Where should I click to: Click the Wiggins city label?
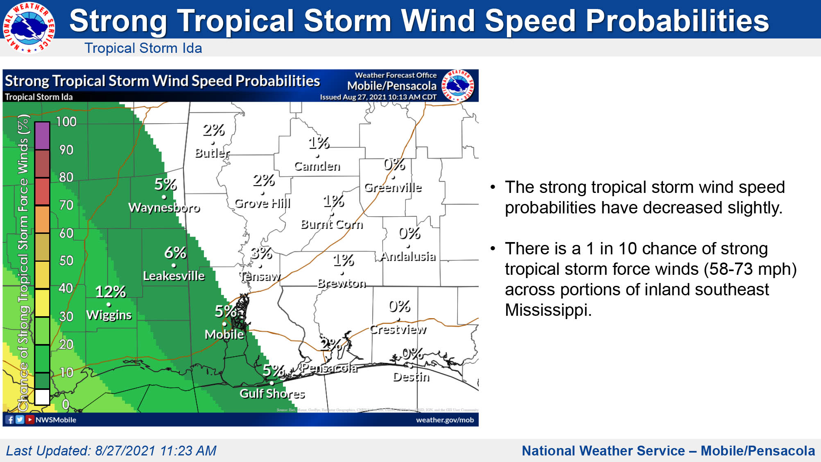[x=109, y=315]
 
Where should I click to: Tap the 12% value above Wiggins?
[x=110, y=292]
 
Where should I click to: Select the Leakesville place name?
[x=174, y=276]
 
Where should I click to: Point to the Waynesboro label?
[x=164, y=208]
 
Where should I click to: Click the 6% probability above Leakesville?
[x=175, y=253]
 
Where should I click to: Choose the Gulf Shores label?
[x=272, y=394]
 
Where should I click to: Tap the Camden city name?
[x=317, y=166]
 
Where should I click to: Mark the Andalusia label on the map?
[x=408, y=256]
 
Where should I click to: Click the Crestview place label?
[x=398, y=329]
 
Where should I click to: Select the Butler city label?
[x=212, y=153]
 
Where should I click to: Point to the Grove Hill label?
[x=262, y=203]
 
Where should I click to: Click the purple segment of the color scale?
[x=42, y=136]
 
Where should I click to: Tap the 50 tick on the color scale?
[x=66, y=260]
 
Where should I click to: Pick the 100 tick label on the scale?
[x=66, y=122]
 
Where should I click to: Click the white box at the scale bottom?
[x=42, y=397]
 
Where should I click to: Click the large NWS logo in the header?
[x=29, y=27]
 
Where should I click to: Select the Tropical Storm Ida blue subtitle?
[x=143, y=48]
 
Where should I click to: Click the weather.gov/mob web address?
[x=445, y=420]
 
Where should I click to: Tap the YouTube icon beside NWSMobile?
[x=30, y=419]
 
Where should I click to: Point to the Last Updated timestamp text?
[x=111, y=451]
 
